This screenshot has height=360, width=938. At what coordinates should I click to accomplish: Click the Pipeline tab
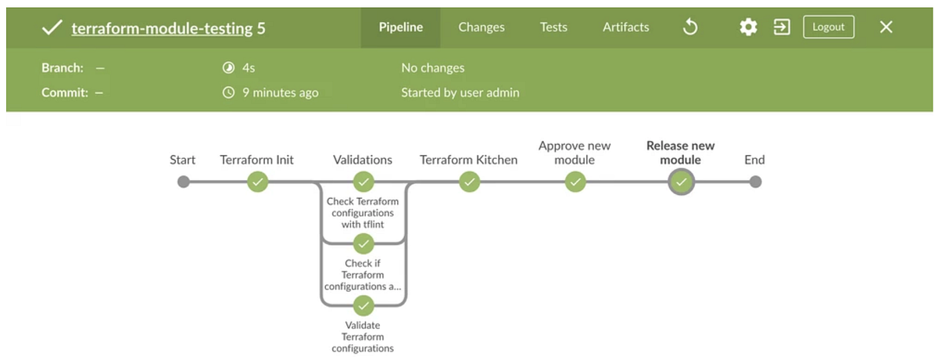coord(401,27)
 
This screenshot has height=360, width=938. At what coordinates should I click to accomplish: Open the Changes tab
coord(482,27)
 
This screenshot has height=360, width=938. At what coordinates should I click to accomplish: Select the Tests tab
coord(553,27)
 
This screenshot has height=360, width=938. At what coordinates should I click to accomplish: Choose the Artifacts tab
coord(625,27)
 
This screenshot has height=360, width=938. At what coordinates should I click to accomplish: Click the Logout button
coord(829,27)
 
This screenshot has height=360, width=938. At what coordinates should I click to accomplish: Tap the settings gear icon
coord(748,27)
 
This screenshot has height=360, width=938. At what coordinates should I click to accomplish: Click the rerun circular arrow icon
coord(690,27)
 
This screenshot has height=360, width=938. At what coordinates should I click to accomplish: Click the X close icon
coord(886,27)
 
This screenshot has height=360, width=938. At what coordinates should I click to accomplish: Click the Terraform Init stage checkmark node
coord(257,182)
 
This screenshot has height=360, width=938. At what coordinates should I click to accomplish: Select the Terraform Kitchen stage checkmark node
coord(469,182)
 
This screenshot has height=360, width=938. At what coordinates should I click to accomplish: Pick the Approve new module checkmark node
coord(575,182)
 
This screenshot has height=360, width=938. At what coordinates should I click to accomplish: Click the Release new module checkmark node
coord(681,182)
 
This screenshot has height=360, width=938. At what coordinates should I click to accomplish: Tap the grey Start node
coord(183,182)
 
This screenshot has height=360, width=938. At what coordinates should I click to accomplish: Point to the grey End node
coord(754,182)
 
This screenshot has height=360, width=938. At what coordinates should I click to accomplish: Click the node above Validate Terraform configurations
coord(363,304)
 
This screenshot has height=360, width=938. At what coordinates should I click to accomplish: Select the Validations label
coord(363,160)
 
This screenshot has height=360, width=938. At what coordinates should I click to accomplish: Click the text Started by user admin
coord(460,92)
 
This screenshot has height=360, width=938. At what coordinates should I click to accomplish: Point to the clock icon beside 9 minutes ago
coord(228,92)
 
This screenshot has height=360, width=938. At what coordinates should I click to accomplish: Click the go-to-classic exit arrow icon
coord(782,27)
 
